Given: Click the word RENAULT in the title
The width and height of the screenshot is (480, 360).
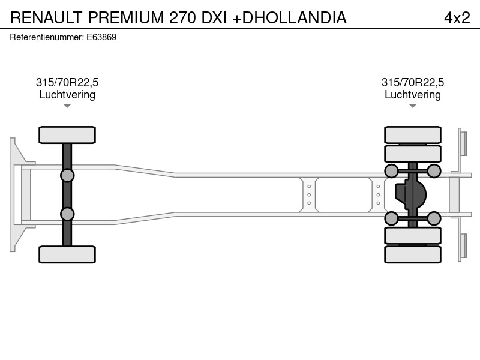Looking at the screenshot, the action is click(x=46, y=18).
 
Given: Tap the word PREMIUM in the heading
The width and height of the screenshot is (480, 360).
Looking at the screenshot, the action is click(x=127, y=18).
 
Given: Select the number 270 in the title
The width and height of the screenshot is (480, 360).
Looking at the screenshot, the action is click(x=183, y=18).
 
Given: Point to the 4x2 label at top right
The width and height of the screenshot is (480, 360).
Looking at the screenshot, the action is click(x=457, y=18).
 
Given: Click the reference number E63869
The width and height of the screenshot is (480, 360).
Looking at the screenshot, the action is click(x=101, y=37).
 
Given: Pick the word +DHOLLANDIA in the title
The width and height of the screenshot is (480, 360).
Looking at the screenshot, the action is click(x=290, y=18).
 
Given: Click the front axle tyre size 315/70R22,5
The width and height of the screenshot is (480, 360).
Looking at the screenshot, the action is click(x=67, y=82).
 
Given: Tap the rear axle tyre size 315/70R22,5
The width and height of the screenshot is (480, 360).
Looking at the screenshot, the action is click(x=413, y=82).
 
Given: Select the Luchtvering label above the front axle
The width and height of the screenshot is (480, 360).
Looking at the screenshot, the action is click(x=67, y=95).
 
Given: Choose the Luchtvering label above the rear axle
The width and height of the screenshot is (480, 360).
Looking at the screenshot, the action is click(x=413, y=95).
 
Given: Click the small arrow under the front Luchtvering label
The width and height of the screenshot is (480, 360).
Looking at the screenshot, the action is click(x=67, y=106).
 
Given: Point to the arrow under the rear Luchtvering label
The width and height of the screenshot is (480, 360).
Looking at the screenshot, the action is click(x=413, y=106).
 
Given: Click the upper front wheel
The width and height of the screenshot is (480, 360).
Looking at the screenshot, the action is click(x=67, y=135).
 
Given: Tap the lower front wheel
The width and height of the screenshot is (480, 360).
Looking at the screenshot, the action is click(x=67, y=254).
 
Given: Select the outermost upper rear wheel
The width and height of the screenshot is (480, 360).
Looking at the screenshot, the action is click(x=413, y=134).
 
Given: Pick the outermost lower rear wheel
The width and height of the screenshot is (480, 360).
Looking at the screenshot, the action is click(x=413, y=254).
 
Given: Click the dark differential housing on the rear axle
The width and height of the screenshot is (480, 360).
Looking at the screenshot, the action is click(x=410, y=194).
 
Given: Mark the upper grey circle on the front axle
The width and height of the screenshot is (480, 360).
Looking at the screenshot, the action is click(x=67, y=176).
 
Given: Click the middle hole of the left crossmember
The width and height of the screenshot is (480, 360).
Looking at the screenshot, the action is click(x=309, y=194).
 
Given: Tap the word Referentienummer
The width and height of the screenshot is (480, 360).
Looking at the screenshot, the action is click(x=47, y=37).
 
